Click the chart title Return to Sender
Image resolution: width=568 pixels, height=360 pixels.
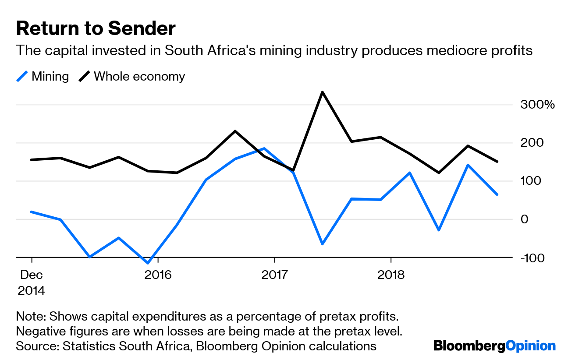coord(96,28)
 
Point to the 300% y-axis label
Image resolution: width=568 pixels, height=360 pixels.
coord(538,105)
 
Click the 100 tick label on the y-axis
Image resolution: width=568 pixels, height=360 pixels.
coord(530,181)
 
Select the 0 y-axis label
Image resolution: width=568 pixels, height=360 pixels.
coord(525,219)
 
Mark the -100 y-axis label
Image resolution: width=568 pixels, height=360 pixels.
coord(532,258)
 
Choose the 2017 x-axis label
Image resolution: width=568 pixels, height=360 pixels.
coord(274,275)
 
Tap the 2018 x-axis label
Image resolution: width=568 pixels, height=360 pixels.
coord(391,275)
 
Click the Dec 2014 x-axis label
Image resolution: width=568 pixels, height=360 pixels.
coord(31,282)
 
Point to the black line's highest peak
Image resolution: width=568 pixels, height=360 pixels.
coord(322,92)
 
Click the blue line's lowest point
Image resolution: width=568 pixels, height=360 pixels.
coord(148,263)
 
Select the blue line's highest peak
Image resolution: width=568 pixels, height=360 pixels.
coord(264,148)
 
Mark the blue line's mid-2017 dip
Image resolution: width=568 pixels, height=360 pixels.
coord(322,244)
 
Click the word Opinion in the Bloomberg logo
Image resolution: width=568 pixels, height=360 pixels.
coord(530,346)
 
